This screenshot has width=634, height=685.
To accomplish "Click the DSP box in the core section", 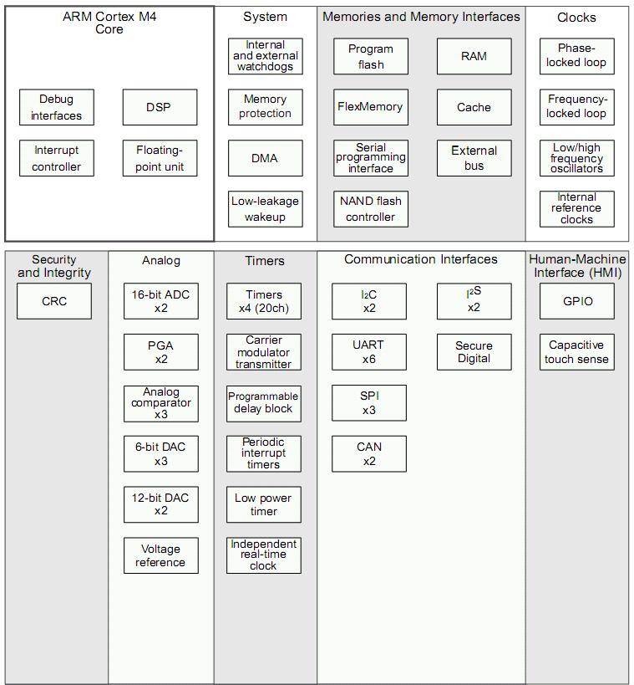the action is [160, 107].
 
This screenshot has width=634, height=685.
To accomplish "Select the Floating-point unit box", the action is [160, 158].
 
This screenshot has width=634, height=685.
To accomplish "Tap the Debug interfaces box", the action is [57, 107].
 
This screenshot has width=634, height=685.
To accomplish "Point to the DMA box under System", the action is [266, 158].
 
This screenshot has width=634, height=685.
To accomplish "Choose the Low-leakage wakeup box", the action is [266, 209].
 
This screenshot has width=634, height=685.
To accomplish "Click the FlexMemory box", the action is [371, 107].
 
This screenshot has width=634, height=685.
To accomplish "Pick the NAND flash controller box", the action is [371, 209].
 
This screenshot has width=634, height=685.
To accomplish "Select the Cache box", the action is [474, 107].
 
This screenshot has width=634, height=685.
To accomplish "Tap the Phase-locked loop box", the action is [577, 56].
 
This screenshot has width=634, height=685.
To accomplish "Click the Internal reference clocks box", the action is [577, 209].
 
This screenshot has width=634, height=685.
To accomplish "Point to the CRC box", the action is [54, 301].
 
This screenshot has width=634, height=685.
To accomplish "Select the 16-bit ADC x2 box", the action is [161, 301].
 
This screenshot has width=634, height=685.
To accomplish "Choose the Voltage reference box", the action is [161, 555].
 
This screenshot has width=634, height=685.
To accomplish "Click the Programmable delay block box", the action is [264, 403].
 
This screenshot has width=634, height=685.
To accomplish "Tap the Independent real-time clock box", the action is [264, 555].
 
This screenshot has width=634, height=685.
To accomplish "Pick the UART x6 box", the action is [369, 352].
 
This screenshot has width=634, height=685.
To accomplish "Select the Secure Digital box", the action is [474, 352].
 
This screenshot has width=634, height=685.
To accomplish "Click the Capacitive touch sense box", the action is [577, 352].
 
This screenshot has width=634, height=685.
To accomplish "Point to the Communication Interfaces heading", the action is [421, 259].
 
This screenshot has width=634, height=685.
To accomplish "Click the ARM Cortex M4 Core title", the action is [109, 23].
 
